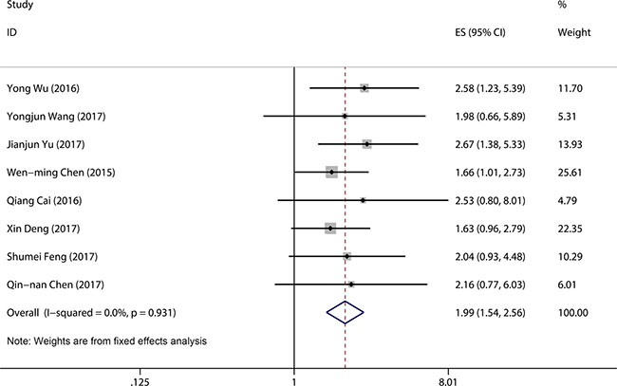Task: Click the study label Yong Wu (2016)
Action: tap(43, 88)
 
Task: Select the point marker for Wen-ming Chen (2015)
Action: tap(331, 173)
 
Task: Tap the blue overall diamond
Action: tap(346, 312)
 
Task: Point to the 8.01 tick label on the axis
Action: tap(448, 381)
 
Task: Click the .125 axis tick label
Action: tap(140, 381)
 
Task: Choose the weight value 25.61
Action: tap(570, 173)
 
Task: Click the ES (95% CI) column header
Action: tap(480, 32)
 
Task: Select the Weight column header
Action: tap(574, 32)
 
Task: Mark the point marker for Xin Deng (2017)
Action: tap(330, 229)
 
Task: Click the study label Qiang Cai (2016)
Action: tap(44, 201)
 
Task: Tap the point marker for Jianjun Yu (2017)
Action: tap(366, 144)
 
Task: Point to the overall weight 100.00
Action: tap(573, 313)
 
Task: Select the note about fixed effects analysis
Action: tap(106, 340)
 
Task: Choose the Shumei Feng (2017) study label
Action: tap(52, 257)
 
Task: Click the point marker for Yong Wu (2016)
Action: tap(365, 88)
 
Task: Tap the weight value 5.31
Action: tap(567, 117)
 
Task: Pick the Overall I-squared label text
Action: tap(91, 313)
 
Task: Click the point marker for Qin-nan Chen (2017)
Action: tap(351, 285)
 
